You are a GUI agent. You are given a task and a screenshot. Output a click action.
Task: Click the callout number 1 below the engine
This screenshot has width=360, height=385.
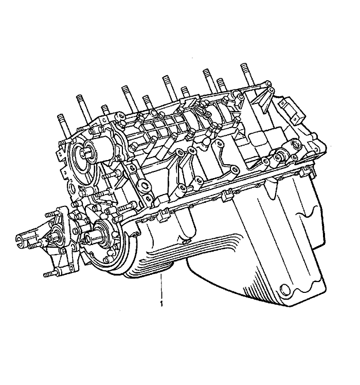[161, 304]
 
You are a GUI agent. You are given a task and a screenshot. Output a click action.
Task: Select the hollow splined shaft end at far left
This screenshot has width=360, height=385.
[23, 240]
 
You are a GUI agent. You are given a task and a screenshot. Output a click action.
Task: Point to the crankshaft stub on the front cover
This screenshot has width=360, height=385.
[92, 237]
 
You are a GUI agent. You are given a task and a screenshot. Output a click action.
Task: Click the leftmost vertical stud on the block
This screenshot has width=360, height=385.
[63, 128]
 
